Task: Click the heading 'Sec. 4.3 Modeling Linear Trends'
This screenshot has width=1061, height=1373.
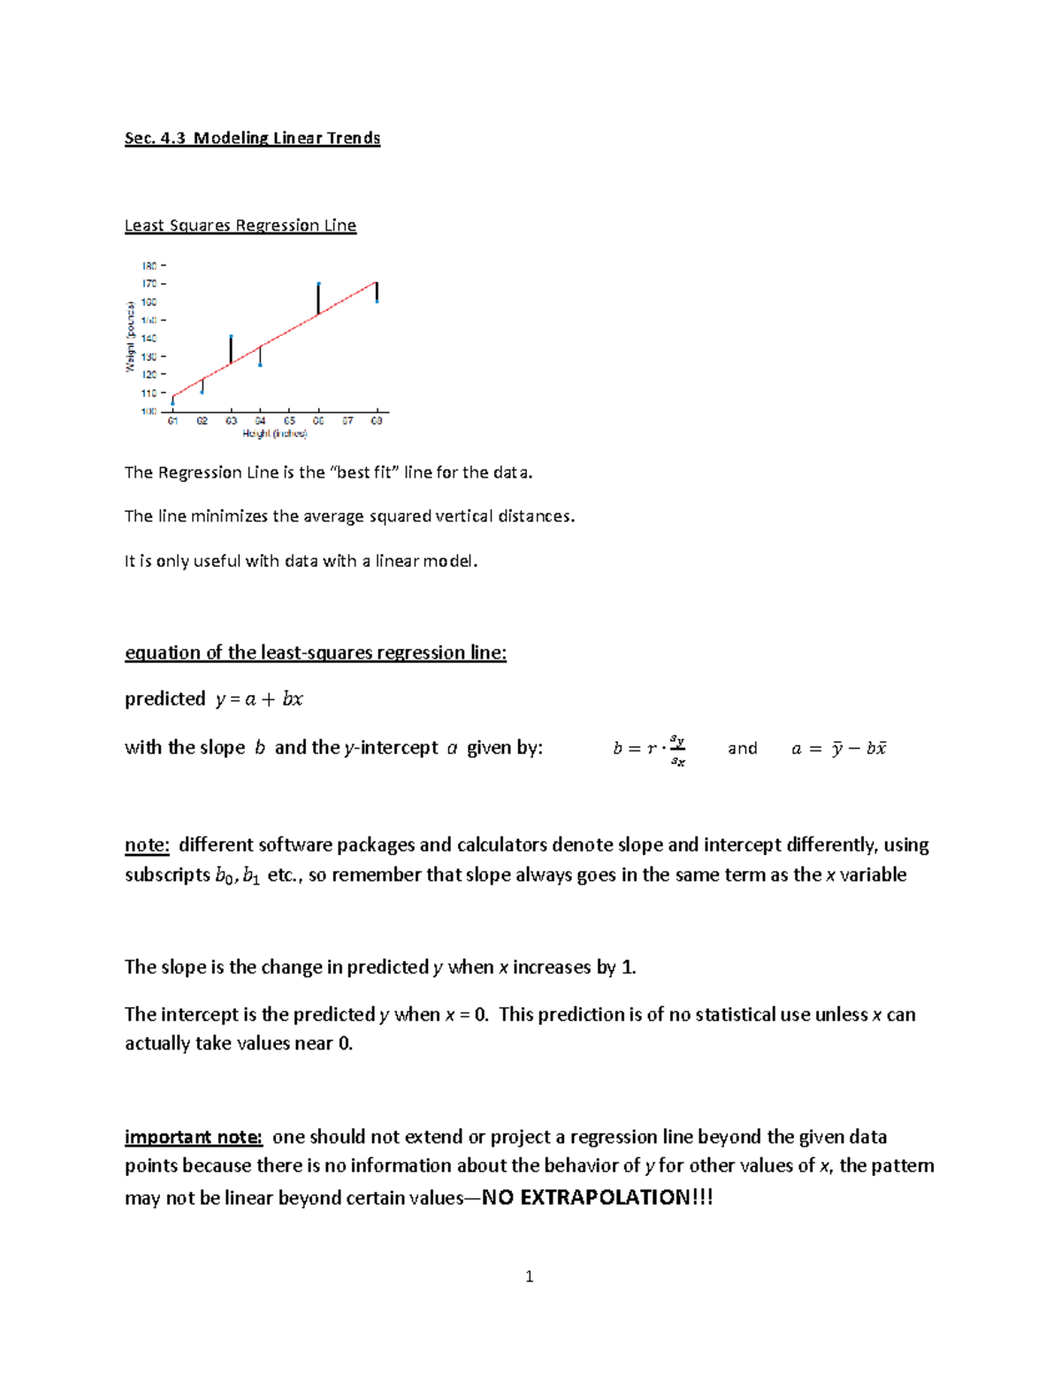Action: pyautogui.click(x=252, y=138)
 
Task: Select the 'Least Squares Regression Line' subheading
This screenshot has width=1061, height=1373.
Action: pyautogui.click(x=240, y=225)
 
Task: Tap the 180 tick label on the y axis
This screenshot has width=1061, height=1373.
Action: pyautogui.click(x=149, y=265)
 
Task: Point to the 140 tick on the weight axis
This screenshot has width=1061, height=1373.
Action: pyautogui.click(x=149, y=339)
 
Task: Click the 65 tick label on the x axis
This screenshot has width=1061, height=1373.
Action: pyautogui.click(x=289, y=421)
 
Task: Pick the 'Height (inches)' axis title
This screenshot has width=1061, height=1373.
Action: pyautogui.click(x=275, y=434)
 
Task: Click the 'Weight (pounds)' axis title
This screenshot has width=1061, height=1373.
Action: pyautogui.click(x=130, y=337)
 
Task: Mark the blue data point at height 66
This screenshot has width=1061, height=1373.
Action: pyautogui.click(x=318, y=285)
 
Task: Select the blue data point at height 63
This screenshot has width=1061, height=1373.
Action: pyautogui.click(x=231, y=337)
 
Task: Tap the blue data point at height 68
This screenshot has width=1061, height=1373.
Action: pyautogui.click(x=377, y=301)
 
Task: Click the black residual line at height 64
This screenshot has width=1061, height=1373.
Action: pyautogui.click(x=260, y=355)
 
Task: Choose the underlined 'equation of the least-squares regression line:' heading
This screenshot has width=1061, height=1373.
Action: pyautogui.click(x=316, y=653)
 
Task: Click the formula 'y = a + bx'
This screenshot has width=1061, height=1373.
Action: pyautogui.click(x=259, y=699)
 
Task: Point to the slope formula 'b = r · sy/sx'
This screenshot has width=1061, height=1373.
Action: pyautogui.click(x=649, y=749)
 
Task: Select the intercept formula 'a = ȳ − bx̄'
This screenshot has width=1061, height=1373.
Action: pyautogui.click(x=838, y=749)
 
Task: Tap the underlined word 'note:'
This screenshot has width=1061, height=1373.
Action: pyautogui.click(x=147, y=845)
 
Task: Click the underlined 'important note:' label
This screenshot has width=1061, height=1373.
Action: pyautogui.click(x=194, y=1137)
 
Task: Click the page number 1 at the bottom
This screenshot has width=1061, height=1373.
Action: pyautogui.click(x=529, y=1277)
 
